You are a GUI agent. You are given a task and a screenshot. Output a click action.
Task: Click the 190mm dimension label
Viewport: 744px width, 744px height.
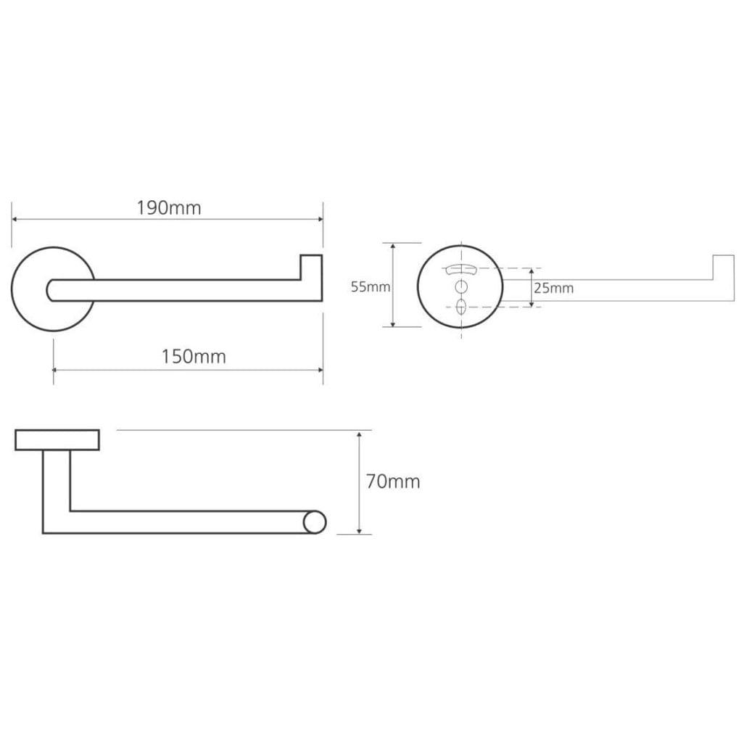[169, 208]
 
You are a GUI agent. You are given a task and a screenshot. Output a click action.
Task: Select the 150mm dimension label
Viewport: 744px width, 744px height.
[194, 357]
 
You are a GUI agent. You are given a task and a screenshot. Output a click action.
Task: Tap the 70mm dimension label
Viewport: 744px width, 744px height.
[393, 481]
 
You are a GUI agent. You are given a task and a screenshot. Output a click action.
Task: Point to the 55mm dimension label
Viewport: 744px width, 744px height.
[371, 286]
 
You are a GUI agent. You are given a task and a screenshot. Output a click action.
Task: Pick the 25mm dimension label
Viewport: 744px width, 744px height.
[554, 288]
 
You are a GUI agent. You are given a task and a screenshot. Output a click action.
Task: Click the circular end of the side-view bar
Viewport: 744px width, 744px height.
[315, 522]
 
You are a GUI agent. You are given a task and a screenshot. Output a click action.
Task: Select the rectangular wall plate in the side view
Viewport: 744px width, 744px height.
[57, 440]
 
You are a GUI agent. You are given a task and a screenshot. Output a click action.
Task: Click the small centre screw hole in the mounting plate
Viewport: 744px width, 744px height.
[460, 286]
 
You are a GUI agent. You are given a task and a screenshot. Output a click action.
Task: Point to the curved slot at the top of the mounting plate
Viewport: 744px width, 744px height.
[460, 269]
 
